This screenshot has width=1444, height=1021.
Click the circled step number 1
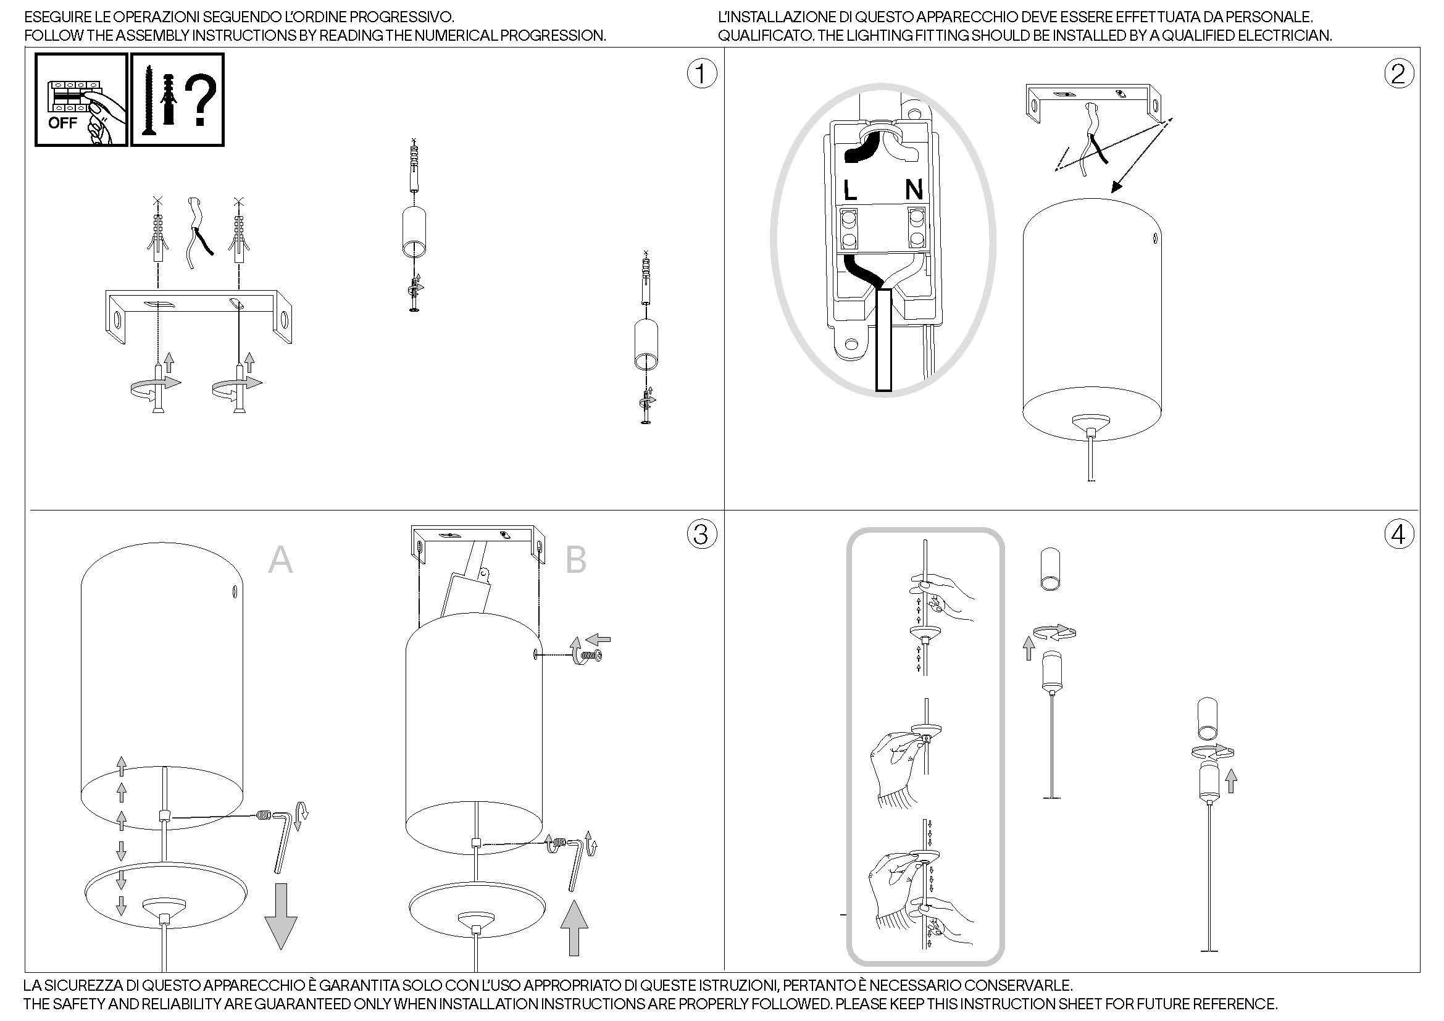coord(701,74)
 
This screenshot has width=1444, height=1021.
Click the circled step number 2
coord(1398,74)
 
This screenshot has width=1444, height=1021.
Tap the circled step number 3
coord(701,535)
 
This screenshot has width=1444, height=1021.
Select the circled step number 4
coord(1398,535)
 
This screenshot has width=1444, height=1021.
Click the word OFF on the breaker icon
coord(62,123)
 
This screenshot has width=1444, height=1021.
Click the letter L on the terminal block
coord(849,190)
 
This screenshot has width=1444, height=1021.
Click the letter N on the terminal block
coord(914,190)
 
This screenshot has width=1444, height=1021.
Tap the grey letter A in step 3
coord(280,559)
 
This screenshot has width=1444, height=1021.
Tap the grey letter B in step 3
coord(575,559)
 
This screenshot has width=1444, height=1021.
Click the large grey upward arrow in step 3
coord(574,927)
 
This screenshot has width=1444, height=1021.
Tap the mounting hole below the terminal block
coord(851,344)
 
